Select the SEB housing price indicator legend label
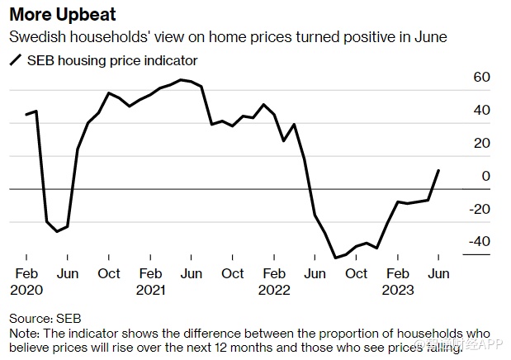[x=112, y=60]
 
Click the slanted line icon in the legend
[x=16, y=60]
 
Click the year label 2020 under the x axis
[x=26, y=290]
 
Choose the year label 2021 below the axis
[x=150, y=290]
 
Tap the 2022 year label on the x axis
[x=273, y=290]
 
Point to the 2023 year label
[x=397, y=290]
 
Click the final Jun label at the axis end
[x=438, y=274]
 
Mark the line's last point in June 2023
[x=438, y=171]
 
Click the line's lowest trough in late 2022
[x=335, y=258]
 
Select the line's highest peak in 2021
[x=181, y=80]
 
